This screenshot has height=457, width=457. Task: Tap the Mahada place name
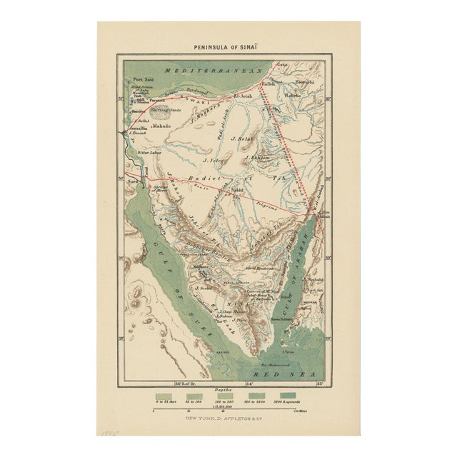(162, 126)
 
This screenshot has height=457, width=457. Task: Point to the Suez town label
(132, 183)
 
